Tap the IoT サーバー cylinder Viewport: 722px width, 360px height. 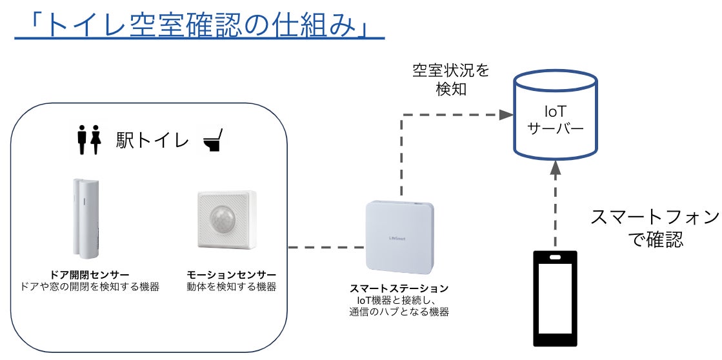pyautogui.click(x=555, y=115)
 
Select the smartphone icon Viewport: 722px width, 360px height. pyautogui.click(x=555, y=298)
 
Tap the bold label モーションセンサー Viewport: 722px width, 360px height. pyautogui.click(x=231, y=275)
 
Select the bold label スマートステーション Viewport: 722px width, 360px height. pyautogui.click(x=399, y=288)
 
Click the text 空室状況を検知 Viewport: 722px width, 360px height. pyautogui.click(x=451, y=80)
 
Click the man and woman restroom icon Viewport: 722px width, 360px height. pyautogui.click(x=89, y=140)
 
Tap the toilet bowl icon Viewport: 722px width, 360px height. pyautogui.click(x=213, y=140)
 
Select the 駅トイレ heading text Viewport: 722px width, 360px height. pyautogui.click(x=152, y=141)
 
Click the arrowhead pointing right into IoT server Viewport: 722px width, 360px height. pyautogui.click(x=506, y=115)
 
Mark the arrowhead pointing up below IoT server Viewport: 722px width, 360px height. pyautogui.click(x=555, y=168)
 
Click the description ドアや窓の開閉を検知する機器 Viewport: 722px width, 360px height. pyautogui.click(x=90, y=287)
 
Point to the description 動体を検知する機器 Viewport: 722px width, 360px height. pyautogui.click(x=231, y=287)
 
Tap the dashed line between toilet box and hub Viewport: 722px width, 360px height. pyautogui.click(x=326, y=247)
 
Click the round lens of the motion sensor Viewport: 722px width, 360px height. pyautogui.click(x=223, y=217)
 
